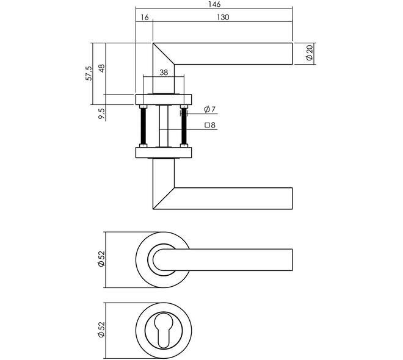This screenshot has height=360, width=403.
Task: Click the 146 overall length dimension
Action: click(x=214, y=4)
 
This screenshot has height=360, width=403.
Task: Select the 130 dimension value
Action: click(x=223, y=17)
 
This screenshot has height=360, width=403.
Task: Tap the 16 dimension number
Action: click(x=145, y=17)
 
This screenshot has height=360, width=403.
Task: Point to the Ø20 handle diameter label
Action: click(x=310, y=52)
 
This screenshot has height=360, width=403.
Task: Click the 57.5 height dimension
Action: click(x=89, y=73)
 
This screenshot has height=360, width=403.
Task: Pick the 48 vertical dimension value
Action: click(x=102, y=68)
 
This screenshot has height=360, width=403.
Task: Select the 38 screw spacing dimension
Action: click(x=164, y=73)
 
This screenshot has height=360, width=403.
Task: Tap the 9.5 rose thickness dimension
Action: click(x=102, y=113)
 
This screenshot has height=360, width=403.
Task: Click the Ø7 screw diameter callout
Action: click(x=209, y=109)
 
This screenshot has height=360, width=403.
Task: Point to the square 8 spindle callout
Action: click(x=210, y=125)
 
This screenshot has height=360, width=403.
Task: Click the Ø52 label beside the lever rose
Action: click(x=102, y=259)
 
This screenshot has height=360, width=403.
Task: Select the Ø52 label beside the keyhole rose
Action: click(x=102, y=329)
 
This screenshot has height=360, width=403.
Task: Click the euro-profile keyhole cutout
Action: click(x=164, y=329)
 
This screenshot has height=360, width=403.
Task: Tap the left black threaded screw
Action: click(x=143, y=126)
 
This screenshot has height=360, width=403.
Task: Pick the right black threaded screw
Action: click(x=184, y=126)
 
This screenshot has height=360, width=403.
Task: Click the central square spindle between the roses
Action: click(x=164, y=126)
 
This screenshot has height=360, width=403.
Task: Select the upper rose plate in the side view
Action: click(x=164, y=99)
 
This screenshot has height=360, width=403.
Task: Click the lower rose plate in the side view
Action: click(x=164, y=153)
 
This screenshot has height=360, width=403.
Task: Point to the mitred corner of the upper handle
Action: click(x=164, y=54)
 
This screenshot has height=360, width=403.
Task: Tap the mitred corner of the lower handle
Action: click(x=164, y=198)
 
